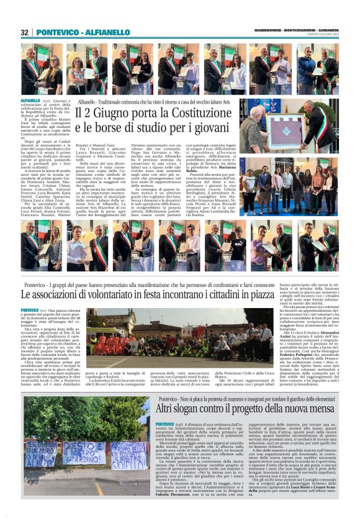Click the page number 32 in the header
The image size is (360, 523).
point(25,32)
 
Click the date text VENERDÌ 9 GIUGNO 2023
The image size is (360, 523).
point(320,36)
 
